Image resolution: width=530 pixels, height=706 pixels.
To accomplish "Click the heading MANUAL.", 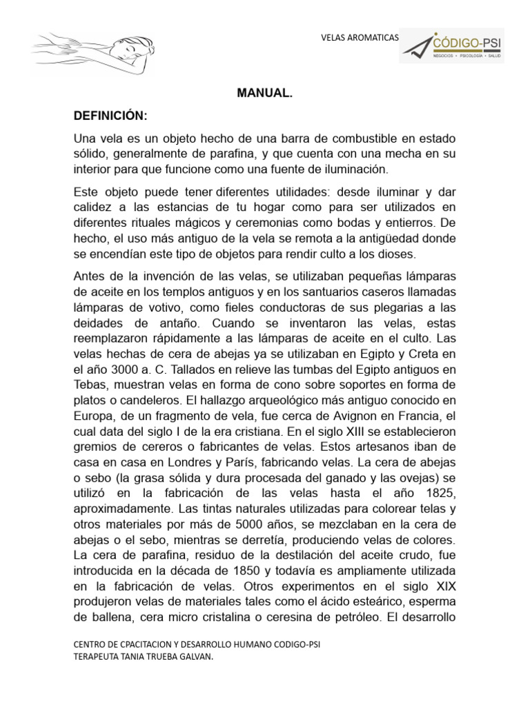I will (x=265, y=92).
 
